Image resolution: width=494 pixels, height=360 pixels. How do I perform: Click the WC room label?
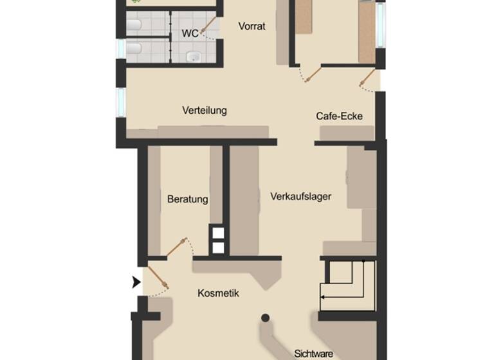click(190, 33)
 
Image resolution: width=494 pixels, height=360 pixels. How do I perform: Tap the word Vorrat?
click(252, 26)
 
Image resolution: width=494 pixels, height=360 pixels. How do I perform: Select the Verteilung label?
click(205, 111)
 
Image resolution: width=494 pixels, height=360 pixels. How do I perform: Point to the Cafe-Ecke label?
click(339, 116)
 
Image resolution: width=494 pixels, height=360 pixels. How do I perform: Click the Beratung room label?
click(187, 199)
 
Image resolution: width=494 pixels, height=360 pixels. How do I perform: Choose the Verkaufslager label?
click(300, 197)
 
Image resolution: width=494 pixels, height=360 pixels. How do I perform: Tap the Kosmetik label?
click(218, 293)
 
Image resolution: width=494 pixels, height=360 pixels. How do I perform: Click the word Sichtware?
click(314, 354)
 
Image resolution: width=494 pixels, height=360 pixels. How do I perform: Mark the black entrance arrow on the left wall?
click(136, 282)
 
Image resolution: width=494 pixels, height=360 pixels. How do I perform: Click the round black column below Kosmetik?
click(265, 318)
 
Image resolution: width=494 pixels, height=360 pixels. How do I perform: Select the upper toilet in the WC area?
click(134, 25)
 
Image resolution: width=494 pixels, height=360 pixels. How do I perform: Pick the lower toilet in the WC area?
click(134, 49)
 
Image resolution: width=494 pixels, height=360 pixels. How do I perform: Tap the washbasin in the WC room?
click(194, 57)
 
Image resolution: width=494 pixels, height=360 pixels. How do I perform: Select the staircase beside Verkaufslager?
click(347, 283)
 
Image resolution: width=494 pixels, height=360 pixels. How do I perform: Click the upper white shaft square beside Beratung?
click(218, 233)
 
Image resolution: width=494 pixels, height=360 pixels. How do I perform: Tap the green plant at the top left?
click(136, 2)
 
